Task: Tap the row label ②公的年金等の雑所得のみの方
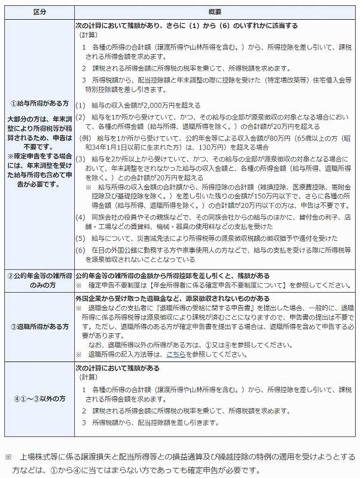click(38, 280)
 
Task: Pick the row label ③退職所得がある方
click(38, 327)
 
